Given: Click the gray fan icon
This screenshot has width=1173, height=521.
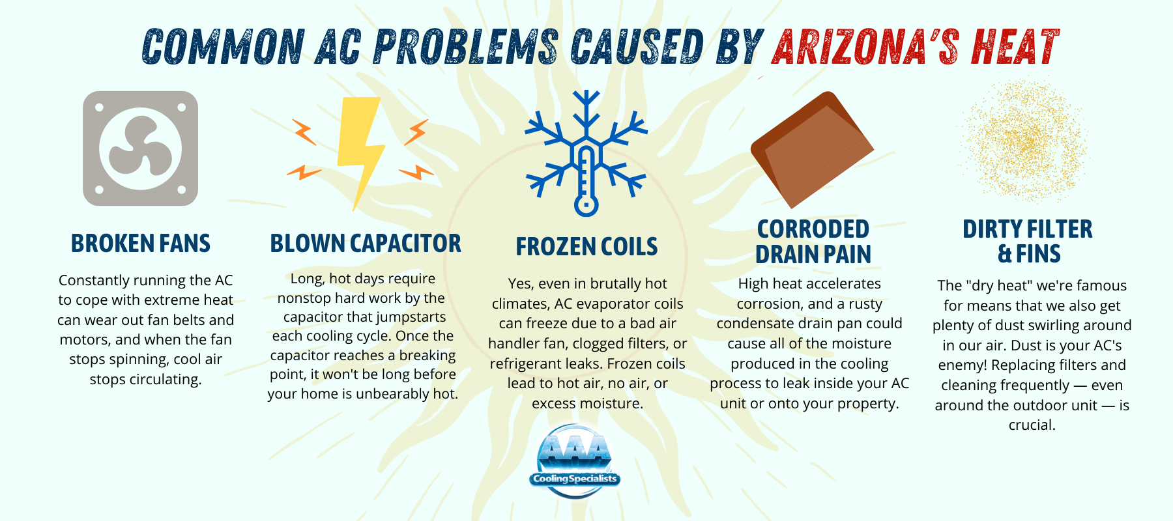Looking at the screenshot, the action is pos(140,148).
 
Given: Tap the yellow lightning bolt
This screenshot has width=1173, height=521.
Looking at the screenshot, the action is pos(360,154).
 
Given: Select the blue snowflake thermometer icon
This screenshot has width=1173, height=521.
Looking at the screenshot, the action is pos(586,153).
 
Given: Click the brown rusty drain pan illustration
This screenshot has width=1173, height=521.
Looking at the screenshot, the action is pos(812,149).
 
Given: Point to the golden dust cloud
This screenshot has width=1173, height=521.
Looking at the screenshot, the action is pos(1022,139).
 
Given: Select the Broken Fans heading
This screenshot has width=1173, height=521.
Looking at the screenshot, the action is pos(141,244).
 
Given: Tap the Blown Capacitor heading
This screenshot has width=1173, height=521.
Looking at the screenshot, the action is pos(366,244).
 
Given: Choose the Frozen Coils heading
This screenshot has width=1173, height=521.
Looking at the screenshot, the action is pos(586,247).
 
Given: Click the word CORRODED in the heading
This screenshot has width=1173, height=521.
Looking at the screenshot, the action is pos(813,229).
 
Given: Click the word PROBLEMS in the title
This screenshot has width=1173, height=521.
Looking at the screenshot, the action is pos(466,47).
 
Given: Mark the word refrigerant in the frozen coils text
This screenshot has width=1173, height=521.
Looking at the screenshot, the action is pos(529,364).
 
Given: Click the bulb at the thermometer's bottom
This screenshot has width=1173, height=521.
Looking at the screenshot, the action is pos(586,205).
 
